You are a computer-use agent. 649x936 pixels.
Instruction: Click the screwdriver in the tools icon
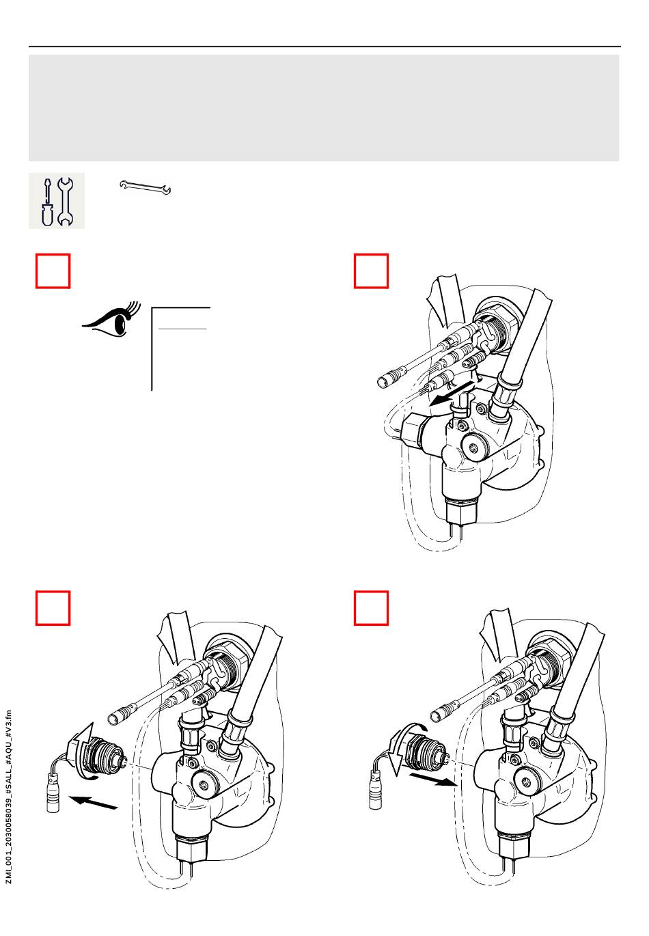[47, 202]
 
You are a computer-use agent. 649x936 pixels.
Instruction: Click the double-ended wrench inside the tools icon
[65, 202]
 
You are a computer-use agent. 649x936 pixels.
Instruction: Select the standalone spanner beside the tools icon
[145, 188]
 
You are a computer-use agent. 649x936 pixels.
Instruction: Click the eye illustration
[111, 320]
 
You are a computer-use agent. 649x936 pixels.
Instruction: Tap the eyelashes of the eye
[134, 310]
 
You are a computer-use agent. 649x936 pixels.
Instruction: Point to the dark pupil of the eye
[121, 325]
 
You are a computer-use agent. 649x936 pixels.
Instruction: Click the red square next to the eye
[53, 271]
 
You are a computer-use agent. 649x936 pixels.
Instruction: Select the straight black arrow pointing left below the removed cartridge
[93, 803]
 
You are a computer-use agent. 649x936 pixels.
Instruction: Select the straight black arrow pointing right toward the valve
[432, 780]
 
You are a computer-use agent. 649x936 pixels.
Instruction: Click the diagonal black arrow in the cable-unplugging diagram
[452, 394]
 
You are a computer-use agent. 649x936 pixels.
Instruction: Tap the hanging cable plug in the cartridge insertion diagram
[375, 789]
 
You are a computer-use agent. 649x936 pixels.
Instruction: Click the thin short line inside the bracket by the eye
[182, 329]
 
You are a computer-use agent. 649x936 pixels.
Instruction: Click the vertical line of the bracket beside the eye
[152, 349]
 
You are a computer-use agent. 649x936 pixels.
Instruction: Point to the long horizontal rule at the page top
[324, 46]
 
